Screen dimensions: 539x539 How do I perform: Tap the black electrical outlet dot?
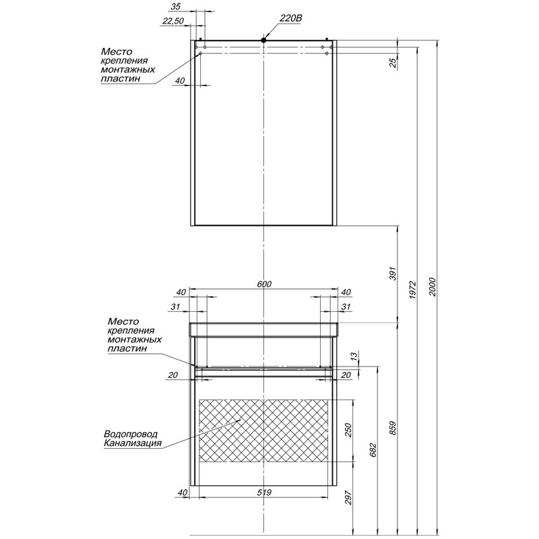click(x=264, y=41)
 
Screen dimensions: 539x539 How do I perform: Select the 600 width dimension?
click(x=264, y=284)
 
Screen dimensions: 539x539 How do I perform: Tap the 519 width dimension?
click(x=264, y=493)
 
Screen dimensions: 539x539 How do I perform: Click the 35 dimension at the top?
click(x=176, y=6)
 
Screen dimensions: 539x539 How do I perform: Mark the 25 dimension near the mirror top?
click(x=393, y=63)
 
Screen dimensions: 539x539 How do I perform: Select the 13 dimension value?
click(x=355, y=356)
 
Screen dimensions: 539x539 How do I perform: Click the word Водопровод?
click(x=131, y=434)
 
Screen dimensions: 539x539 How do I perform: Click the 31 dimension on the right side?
click(x=346, y=307)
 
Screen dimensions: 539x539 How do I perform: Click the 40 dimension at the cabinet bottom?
click(x=181, y=493)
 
